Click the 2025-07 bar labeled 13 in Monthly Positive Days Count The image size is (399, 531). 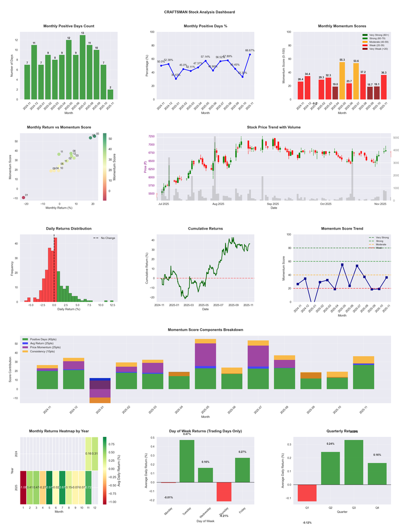coord(82,67)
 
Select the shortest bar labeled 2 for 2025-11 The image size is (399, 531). coord(110,94)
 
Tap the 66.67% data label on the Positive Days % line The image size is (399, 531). coord(250,50)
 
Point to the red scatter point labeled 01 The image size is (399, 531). coord(23,198)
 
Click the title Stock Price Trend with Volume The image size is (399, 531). coord(273,127)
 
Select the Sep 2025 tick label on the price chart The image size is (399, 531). coord(272,204)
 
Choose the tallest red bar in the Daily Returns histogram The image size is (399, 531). coord(55,269)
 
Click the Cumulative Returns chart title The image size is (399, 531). coord(205,229)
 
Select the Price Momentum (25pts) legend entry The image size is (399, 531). coord(45,347)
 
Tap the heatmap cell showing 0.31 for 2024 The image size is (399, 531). coord(95,454)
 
